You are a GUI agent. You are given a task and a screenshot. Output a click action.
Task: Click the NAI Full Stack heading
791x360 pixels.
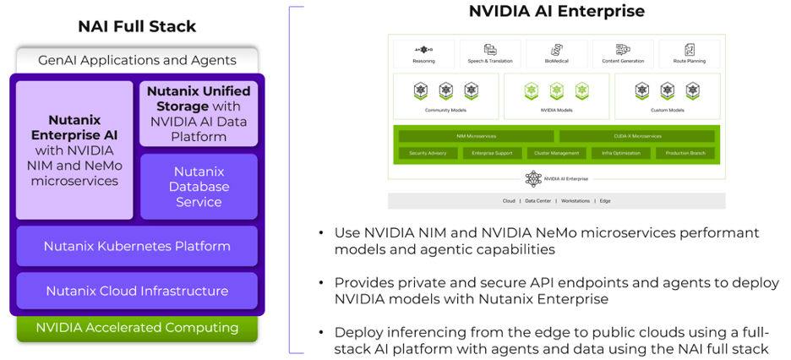tap(137, 26)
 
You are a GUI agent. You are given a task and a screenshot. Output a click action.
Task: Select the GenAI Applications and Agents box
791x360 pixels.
tap(137, 60)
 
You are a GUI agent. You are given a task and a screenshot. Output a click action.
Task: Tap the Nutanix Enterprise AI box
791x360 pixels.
tap(74, 150)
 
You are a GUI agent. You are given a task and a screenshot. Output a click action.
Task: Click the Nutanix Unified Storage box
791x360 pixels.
tap(199, 112)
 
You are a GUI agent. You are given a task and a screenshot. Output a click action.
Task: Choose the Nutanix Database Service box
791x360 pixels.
tap(199, 186)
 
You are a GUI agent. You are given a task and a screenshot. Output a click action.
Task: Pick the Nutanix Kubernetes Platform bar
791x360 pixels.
tap(137, 246)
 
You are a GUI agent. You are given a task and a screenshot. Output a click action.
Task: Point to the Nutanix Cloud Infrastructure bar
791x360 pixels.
tap(137, 291)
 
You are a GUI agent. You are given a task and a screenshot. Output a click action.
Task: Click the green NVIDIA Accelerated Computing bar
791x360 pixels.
tap(137, 327)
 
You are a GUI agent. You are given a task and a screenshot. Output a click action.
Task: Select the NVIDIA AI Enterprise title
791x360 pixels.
tap(556, 11)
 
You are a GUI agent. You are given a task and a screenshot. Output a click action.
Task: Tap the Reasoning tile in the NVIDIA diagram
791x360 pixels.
tap(423, 54)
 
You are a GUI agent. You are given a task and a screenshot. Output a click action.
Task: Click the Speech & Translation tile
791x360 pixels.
tap(490, 54)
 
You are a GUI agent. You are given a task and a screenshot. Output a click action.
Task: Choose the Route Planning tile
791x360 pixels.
tap(690, 54)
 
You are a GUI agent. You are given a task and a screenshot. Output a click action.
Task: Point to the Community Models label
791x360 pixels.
tap(445, 110)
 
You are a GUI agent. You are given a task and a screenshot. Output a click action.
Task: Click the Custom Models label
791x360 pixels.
tap(668, 110)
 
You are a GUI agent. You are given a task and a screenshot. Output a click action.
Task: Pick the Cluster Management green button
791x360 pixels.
tap(557, 153)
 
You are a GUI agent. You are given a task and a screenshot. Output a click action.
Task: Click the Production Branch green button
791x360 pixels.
tap(685, 153)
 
